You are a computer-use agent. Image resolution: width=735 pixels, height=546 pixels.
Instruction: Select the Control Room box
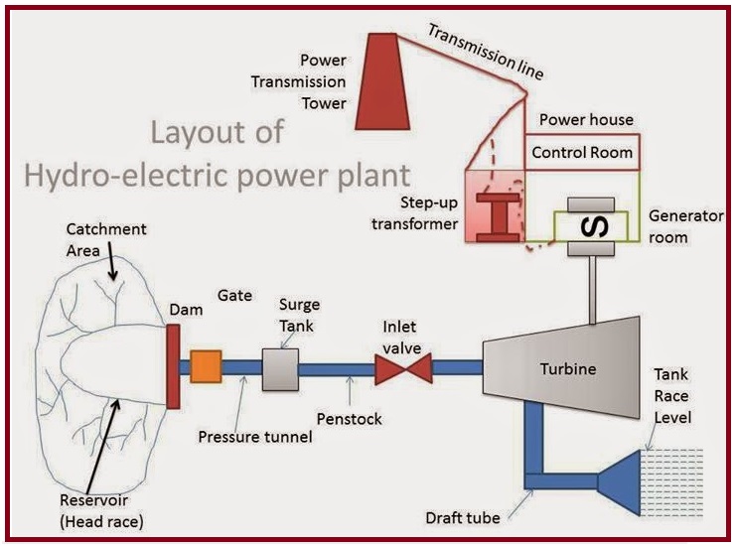pos(581,153)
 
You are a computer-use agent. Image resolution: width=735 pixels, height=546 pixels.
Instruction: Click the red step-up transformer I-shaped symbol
pos(494,216)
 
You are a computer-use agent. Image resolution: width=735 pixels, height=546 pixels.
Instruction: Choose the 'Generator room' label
pos(682,225)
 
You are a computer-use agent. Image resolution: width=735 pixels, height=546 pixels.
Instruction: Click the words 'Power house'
pos(585,120)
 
